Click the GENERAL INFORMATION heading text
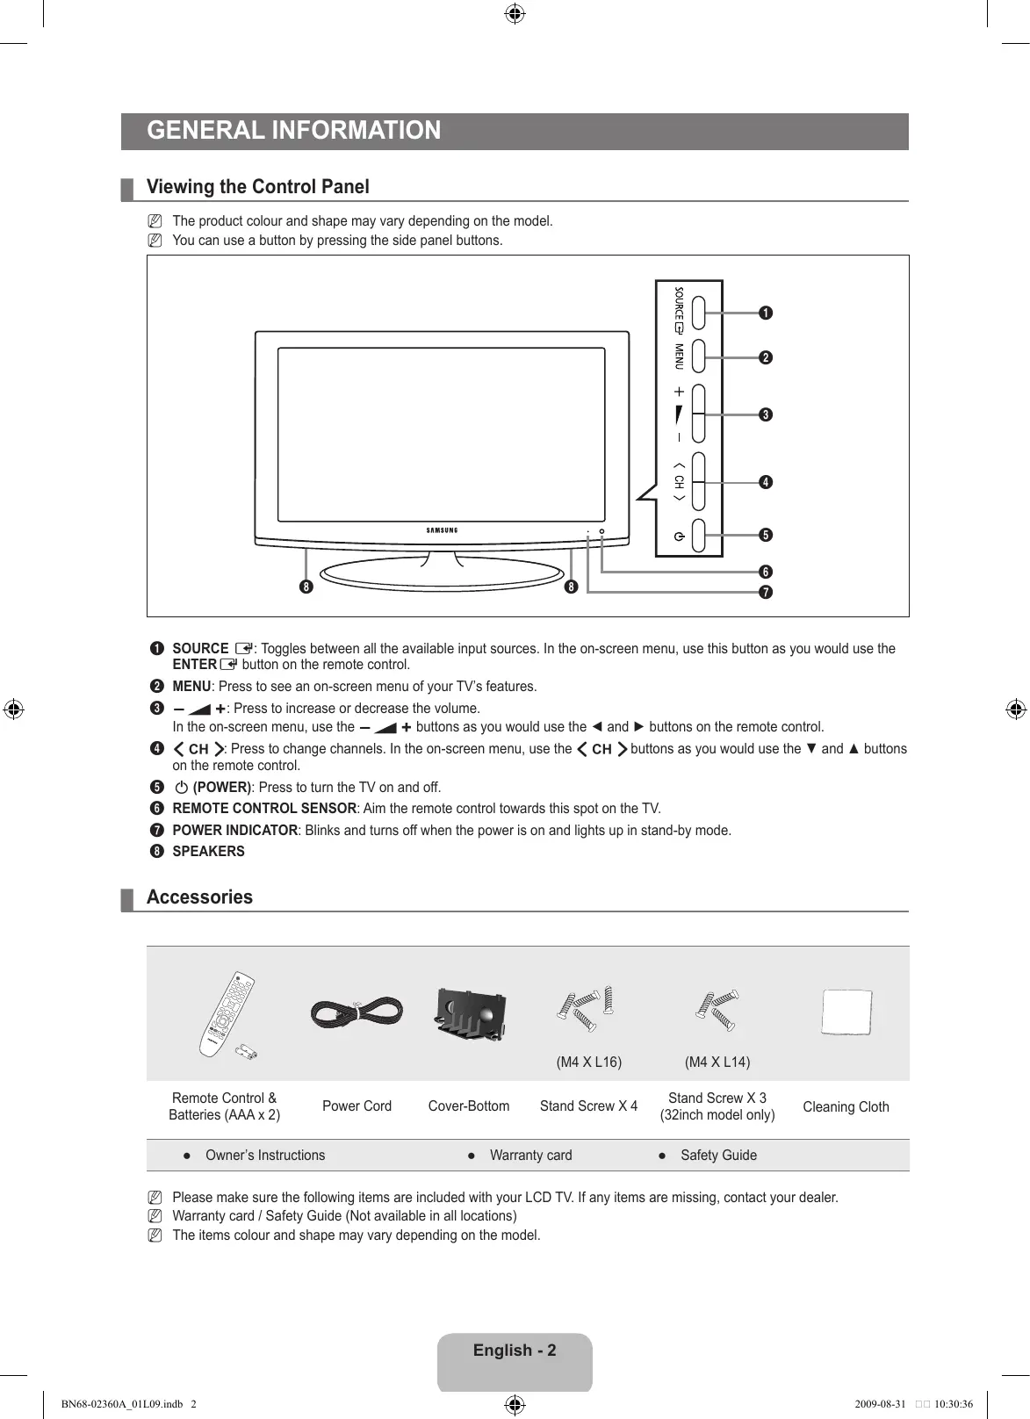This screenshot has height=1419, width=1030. click(293, 131)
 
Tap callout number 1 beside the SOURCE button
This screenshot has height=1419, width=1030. click(766, 313)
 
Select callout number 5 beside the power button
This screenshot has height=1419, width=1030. click(766, 536)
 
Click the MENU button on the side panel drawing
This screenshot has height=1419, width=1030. click(699, 357)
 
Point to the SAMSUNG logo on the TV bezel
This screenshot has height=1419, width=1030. click(442, 530)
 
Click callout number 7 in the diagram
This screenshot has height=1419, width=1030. click(766, 593)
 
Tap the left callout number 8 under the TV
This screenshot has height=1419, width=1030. click(306, 587)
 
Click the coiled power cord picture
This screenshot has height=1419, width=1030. click(357, 1014)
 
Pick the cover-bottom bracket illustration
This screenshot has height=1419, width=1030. click(471, 1013)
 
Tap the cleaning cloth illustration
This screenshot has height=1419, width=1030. click(846, 1012)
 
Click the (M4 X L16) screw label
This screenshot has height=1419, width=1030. click(589, 1062)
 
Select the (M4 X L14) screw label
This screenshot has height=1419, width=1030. click(717, 1062)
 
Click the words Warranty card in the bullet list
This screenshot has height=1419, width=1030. click(530, 1156)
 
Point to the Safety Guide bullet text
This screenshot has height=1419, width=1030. click(718, 1156)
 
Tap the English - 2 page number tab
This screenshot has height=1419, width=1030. click(515, 1351)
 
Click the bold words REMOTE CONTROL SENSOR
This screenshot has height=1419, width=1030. click(264, 809)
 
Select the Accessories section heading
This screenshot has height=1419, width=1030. click(199, 897)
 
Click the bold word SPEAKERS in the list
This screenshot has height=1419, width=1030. click(208, 852)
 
